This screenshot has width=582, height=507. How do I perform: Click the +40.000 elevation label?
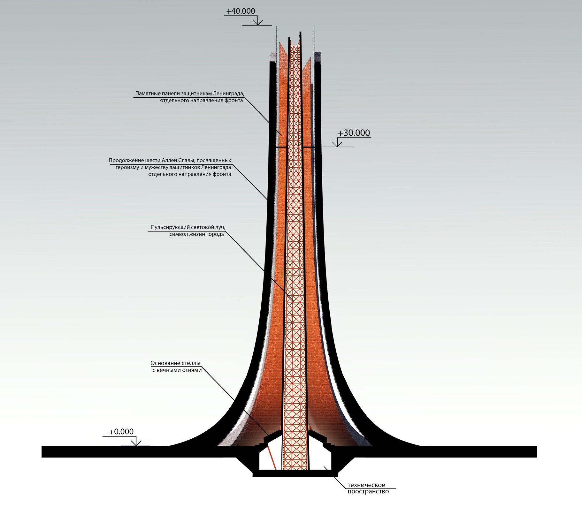[x=241, y=11]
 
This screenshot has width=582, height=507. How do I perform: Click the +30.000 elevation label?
[x=354, y=133]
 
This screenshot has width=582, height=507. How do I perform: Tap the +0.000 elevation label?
[x=121, y=432]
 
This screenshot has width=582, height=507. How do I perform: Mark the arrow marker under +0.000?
[x=136, y=442]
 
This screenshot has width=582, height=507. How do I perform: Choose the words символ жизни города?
[x=196, y=234]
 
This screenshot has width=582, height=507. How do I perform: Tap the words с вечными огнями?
[x=177, y=370]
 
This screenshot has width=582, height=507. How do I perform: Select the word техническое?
[x=366, y=485]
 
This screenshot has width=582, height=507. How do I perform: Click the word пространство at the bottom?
[x=368, y=491]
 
